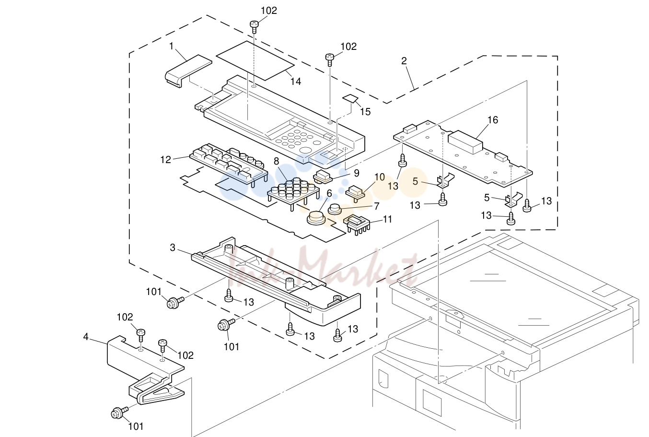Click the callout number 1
point(171,46)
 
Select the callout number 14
point(296,82)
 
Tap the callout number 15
point(365,112)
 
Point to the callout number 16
point(493,120)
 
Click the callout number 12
point(166,159)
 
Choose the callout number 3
point(173,248)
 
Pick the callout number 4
point(86,337)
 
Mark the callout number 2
point(404,61)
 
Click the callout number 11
point(387,219)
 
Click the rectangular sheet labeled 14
point(255,60)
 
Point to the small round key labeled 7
point(335,209)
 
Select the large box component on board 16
point(465,142)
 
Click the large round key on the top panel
point(305,150)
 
